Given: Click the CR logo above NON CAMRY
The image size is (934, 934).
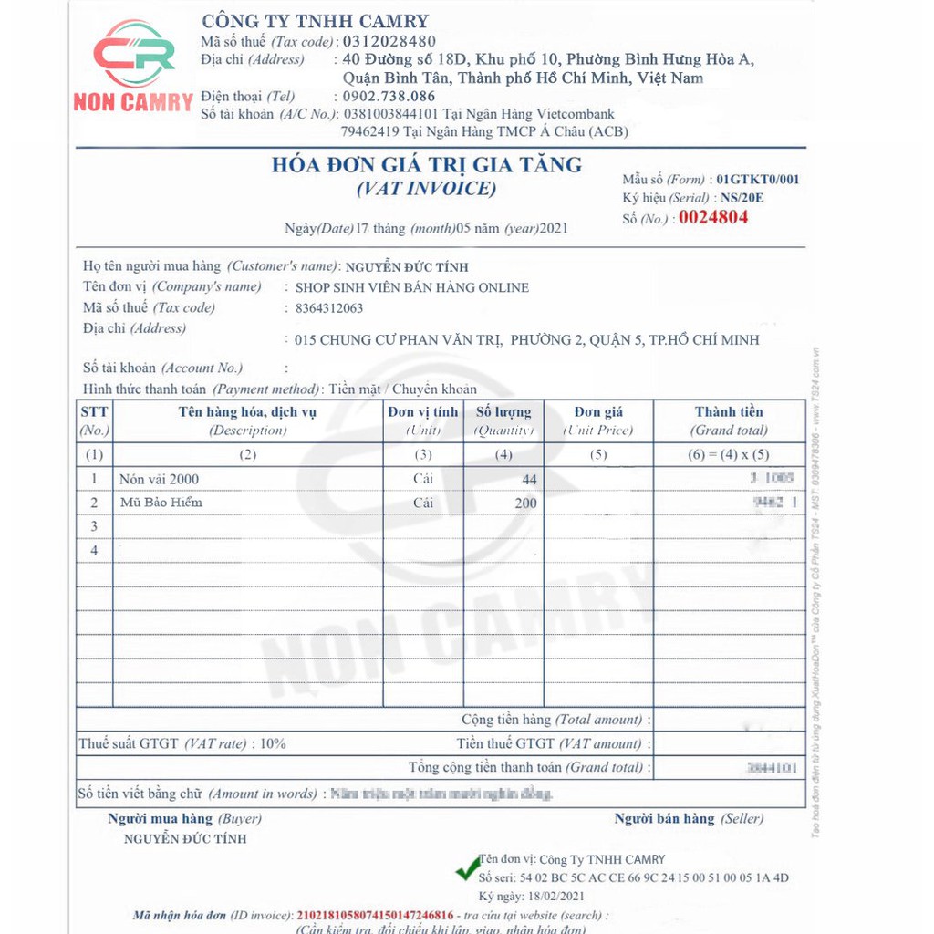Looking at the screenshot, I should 134,57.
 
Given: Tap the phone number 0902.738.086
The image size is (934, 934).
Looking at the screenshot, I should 389,96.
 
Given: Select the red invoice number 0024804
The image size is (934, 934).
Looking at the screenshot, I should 712,217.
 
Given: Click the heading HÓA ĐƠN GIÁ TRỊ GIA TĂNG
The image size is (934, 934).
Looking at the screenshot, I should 427,165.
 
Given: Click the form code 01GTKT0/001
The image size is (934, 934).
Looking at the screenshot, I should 757,179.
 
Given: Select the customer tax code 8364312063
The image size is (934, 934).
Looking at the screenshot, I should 323,308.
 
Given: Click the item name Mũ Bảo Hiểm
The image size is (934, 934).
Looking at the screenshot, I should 161,503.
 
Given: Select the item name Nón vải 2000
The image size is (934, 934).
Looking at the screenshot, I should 159,479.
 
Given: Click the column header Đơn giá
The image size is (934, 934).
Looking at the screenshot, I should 598,412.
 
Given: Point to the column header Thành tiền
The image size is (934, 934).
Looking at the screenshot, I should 729,412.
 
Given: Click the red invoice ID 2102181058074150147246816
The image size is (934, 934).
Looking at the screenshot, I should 375,915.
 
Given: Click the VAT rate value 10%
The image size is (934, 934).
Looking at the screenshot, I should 273,743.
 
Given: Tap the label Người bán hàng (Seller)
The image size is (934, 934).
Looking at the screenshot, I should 689,818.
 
